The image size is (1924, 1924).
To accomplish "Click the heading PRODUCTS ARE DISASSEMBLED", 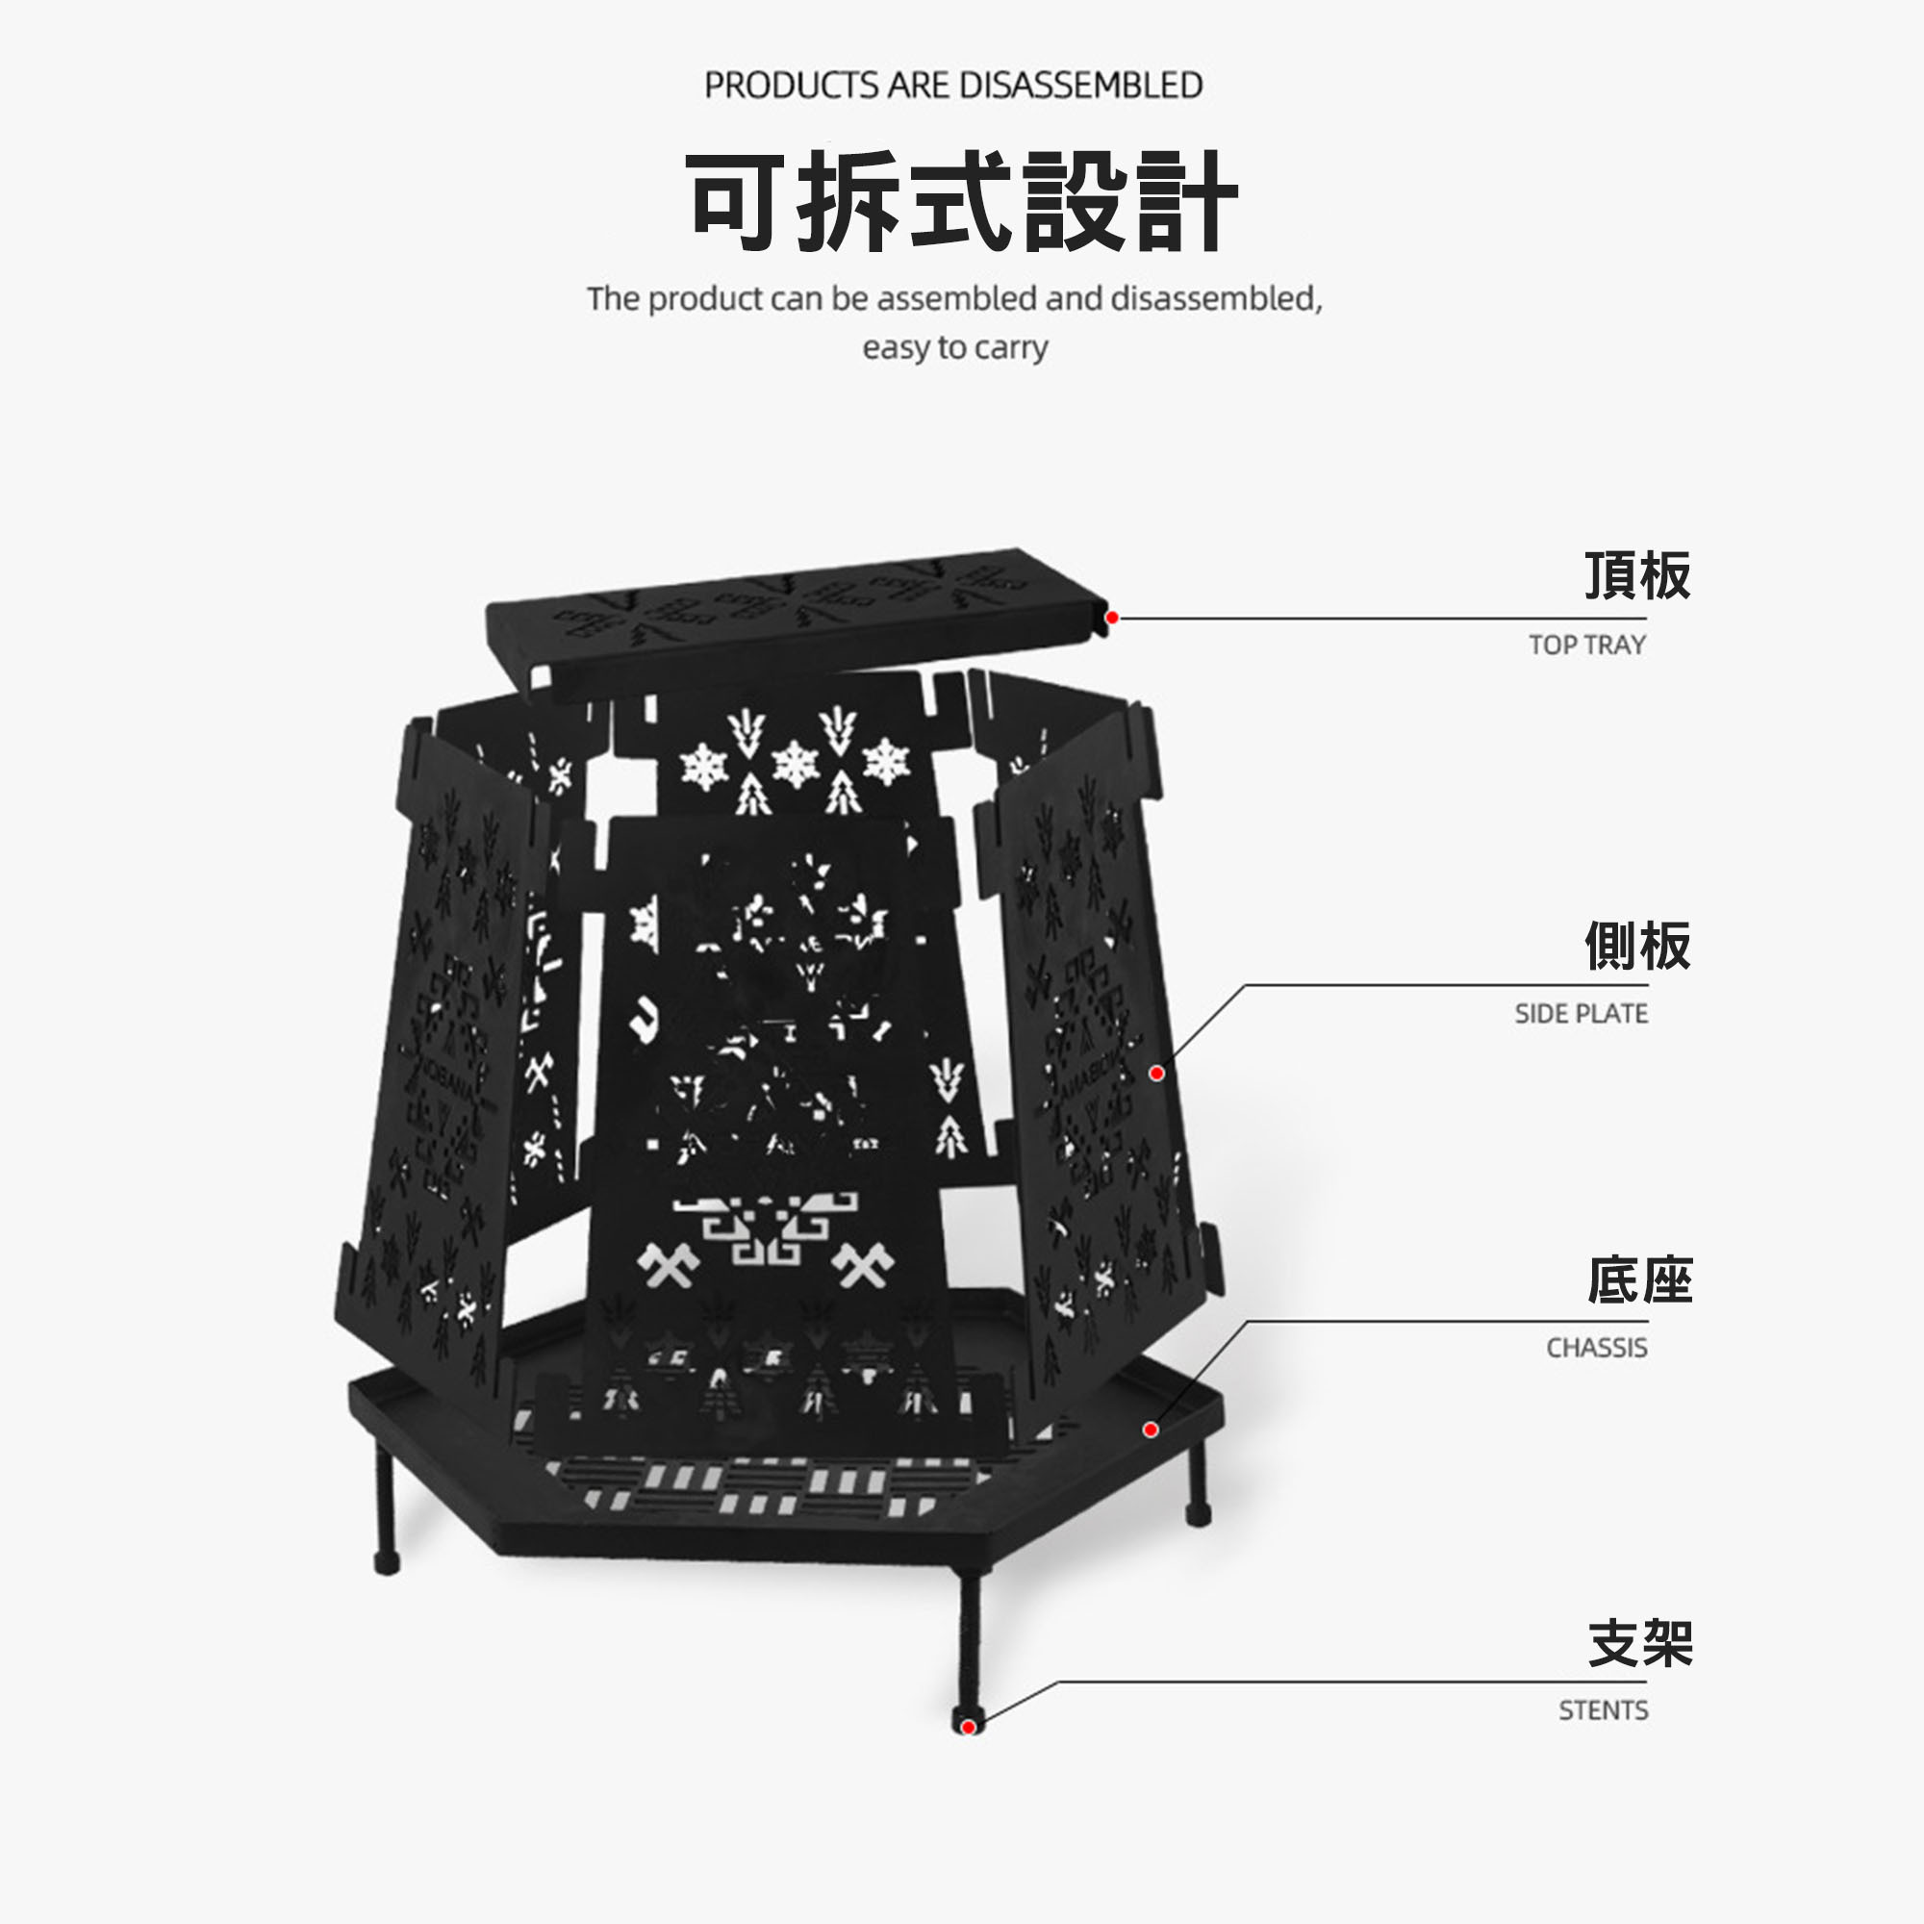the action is pyautogui.click(x=953, y=86).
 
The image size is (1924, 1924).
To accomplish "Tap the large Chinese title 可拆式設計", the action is pyautogui.click(x=962, y=202).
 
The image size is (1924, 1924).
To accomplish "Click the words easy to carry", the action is pyautogui.click(x=955, y=347).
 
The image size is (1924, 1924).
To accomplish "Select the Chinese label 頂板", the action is pyautogui.click(x=1636, y=575).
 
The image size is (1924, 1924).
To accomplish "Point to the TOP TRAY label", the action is pyautogui.click(x=1586, y=646).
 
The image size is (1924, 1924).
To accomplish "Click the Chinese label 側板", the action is pyautogui.click(x=1636, y=946).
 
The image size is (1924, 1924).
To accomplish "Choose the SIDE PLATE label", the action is pyautogui.click(x=1581, y=1014).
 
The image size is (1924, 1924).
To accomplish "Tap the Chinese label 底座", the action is pyautogui.click(x=1638, y=1280).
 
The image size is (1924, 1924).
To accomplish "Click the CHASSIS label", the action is pyautogui.click(x=1596, y=1349).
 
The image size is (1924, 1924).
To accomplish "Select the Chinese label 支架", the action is pyautogui.click(x=1639, y=1643).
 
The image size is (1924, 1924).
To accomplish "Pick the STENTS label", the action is pyautogui.click(x=1604, y=1710).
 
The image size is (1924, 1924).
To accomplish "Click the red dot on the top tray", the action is pyautogui.click(x=1112, y=618).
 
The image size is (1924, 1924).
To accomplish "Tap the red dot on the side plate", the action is pyautogui.click(x=1156, y=1073).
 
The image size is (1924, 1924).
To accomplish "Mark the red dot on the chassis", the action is pyautogui.click(x=1151, y=1430).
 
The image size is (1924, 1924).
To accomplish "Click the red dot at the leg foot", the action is pyautogui.click(x=967, y=1727).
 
